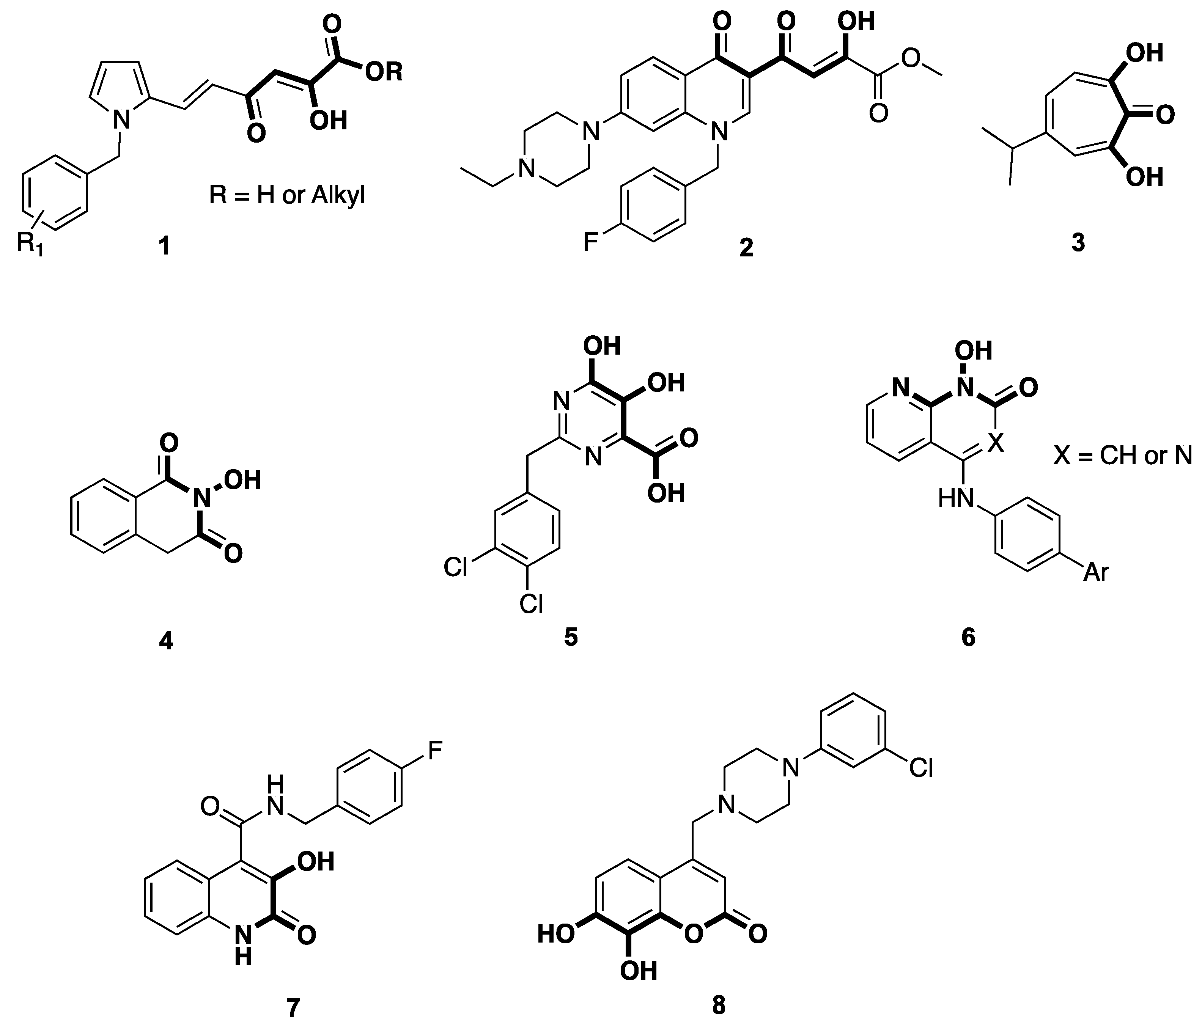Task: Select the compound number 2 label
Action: point(746,248)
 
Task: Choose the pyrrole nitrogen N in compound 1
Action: point(121,120)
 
